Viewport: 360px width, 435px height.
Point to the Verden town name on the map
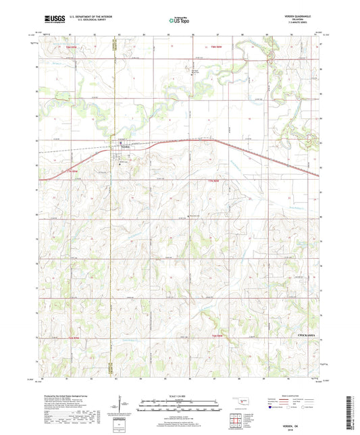pos(125,149)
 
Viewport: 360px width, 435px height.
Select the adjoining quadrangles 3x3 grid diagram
pos(236,419)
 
